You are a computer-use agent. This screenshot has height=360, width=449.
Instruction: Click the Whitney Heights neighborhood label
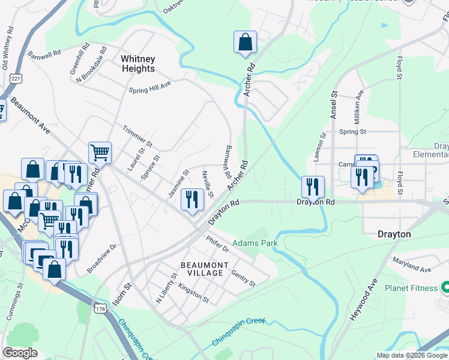click(137, 64)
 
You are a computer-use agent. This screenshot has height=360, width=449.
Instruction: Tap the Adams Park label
click(257, 244)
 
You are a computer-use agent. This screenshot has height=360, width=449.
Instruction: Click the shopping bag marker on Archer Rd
click(245, 43)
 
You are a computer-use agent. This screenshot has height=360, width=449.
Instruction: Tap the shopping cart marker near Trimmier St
click(100, 153)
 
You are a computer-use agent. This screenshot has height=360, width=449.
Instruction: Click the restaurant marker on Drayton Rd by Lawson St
click(313, 187)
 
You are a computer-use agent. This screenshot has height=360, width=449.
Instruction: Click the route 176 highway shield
click(100, 308)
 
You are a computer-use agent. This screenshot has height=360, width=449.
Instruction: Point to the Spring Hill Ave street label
click(150, 88)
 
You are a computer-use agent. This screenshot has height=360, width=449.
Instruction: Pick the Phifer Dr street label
click(217, 242)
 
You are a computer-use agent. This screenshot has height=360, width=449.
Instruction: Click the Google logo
click(20, 353)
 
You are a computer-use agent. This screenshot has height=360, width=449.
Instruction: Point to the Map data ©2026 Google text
click(411, 355)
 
